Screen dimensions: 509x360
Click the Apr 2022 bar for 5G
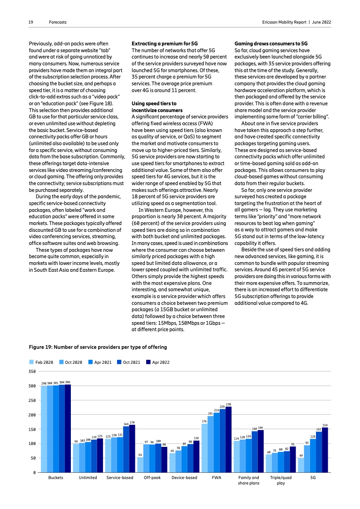pos(325,450)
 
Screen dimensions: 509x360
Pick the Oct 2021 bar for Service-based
pos(126,449)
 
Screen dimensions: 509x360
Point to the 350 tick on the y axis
pos(32,372)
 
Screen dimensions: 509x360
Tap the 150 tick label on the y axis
pos(32,429)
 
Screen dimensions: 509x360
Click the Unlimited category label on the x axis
pos(88,478)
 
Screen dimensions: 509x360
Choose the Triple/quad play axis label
pos(281,480)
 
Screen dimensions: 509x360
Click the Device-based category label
pos(184,478)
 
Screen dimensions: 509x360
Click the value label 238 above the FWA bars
pos(228,404)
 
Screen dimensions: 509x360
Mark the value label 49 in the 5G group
pos(301,455)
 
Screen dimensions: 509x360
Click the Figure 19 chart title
pos(98,347)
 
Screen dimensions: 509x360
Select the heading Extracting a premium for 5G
pos(164,42)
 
